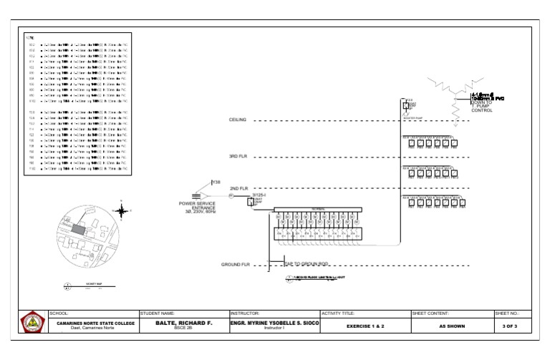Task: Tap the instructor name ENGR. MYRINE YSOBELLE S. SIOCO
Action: coord(274,323)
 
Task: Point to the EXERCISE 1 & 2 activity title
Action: coord(365,326)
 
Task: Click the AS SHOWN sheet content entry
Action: coord(453,326)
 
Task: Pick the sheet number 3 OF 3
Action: coord(511,326)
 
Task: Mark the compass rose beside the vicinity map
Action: coord(122,210)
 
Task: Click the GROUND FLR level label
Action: coord(234,265)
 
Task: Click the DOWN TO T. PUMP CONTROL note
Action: coord(482,106)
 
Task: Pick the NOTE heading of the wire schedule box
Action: coord(29,37)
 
